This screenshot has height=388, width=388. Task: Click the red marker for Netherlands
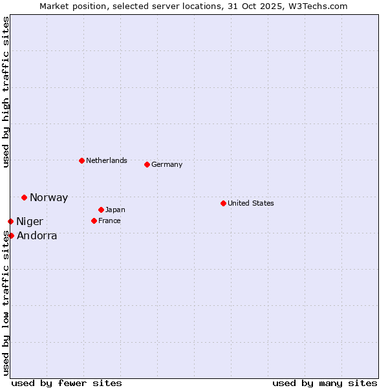pyautogui.click(x=81, y=160)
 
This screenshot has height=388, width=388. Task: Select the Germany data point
pyautogui.click(x=147, y=164)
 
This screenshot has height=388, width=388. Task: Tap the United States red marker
pyautogui.click(x=223, y=203)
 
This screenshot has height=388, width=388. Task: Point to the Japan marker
pyautogui.click(x=101, y=210)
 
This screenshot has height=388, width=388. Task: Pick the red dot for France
pyautogui.click(x=94, y=221)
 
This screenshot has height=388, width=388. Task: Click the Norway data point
pyautogui.click(x=24, y=197)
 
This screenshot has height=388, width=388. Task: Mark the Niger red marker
pyautogui.click(x=10, y=221)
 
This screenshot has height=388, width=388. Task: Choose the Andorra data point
pyautogui.click(x=11, y=235)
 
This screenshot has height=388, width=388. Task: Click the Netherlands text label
pyautogui.click(x=107, y=160)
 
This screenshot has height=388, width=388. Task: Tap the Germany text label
pyautogui.click(x=167, y=164)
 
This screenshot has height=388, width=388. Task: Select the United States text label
pyautogui.click(x=251, y=203)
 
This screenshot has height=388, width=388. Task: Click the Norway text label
pyautogui.click(x=48, y=198)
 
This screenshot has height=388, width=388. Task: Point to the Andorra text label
pyautogui.click(x=37, y=236)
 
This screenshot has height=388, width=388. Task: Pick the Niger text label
pyautogui.click(x=30, y=222)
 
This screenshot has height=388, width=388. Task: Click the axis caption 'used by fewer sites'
pyautogui.click(x=67, y=383)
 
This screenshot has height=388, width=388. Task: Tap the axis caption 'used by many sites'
pyautogui.click(x=325, y=383)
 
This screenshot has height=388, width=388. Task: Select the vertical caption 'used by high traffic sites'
pyautogui.click(x=6, y=92)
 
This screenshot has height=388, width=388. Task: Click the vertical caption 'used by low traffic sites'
pyautogui.click(x=6, y=303)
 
